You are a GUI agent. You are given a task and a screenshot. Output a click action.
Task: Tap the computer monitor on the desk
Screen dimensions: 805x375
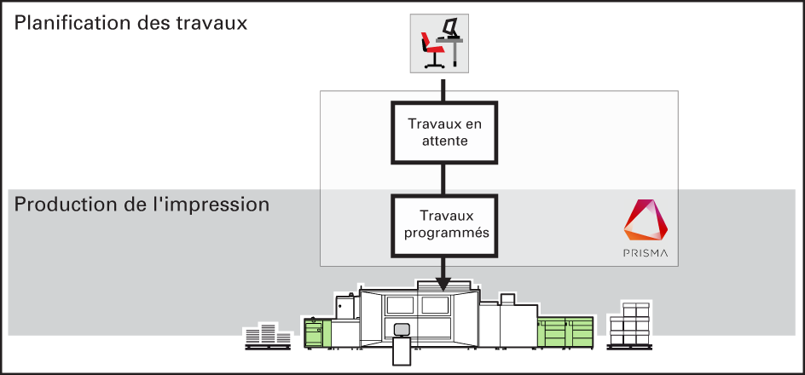[449, 26]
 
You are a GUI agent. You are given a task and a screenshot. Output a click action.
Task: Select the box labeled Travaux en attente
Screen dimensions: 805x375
[444, 132]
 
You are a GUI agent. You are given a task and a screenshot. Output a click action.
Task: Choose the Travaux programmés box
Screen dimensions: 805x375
[444, 225]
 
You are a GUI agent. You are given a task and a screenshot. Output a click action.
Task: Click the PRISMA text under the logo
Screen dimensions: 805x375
[646, 252]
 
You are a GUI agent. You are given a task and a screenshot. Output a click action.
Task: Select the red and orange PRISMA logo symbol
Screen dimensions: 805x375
[646, 220]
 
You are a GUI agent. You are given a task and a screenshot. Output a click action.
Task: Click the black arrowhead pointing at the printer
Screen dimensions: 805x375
[443, 284]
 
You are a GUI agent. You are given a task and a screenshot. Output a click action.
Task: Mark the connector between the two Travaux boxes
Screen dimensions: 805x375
[443, 179]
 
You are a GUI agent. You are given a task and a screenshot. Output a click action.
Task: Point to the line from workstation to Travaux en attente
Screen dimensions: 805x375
[443, 87]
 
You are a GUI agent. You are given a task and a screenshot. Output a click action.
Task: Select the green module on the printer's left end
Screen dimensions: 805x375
[318, 332]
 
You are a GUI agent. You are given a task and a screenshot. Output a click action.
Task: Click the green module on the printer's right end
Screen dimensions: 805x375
[565, 332]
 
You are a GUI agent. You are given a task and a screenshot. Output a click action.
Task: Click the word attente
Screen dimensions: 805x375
[444, 141]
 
